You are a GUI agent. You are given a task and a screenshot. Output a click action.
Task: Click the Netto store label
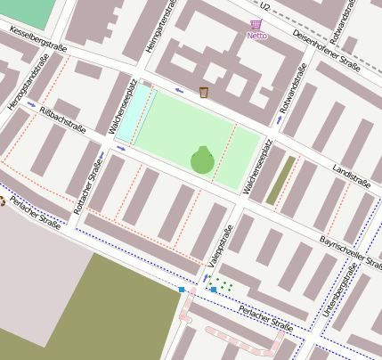256,36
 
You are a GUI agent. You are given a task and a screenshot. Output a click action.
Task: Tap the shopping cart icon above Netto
256,24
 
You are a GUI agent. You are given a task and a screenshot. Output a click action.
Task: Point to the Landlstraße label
351,175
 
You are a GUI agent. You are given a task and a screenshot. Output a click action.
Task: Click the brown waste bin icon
204,92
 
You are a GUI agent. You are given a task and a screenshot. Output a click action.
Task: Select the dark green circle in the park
202,160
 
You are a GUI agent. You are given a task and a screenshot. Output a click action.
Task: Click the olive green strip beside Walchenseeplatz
281,178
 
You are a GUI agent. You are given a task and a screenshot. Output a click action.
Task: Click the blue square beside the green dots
213,290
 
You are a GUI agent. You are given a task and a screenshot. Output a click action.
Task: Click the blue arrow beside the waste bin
180,89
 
